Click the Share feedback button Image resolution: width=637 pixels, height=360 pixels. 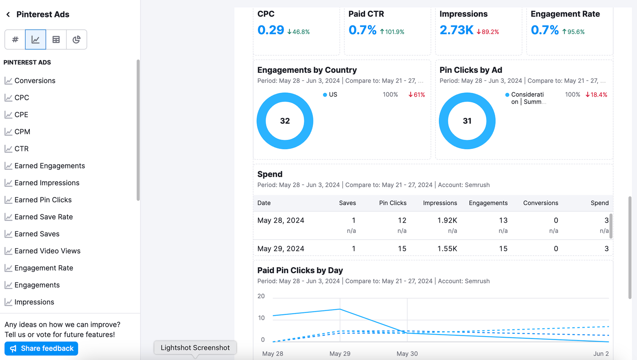tap(41, 348)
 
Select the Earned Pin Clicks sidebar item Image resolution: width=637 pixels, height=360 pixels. tap(43, 200)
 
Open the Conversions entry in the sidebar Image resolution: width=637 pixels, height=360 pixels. tap(35, 80)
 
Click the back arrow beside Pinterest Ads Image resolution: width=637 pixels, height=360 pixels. tap(8, 15)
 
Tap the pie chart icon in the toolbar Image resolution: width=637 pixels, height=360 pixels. tap(76, 39)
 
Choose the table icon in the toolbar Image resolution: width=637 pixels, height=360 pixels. tap(56, 39)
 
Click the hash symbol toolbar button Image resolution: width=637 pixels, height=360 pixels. tap(15, 39)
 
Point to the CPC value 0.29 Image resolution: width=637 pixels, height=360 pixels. tap(271, 30)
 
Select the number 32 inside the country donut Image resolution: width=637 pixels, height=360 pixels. tap(285, 121)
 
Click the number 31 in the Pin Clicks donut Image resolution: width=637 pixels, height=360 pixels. tap(467, 121)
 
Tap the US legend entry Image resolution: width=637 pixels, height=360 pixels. tap(333, 95)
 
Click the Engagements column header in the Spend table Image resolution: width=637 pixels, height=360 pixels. tap(488, 203)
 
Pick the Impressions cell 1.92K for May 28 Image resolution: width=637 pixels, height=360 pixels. tap(447, 220)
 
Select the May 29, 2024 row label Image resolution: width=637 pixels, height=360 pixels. tap(281, 248)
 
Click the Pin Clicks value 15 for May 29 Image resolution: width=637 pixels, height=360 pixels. tap(402, 248)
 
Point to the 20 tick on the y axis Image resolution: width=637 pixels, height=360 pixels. tap(261, 296)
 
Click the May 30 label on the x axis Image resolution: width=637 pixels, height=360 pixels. tap(407, 354)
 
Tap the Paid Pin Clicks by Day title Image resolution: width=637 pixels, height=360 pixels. tap(300, 270)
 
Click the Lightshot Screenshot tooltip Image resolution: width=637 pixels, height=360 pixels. tap(195, 348)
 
